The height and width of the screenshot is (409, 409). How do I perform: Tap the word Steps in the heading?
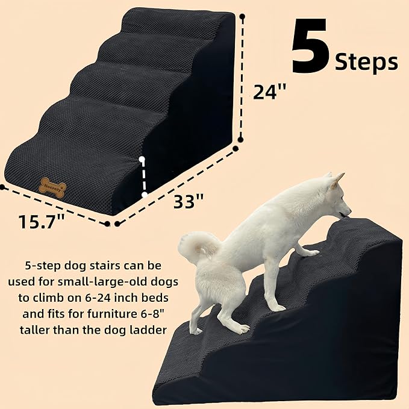coord(367,62)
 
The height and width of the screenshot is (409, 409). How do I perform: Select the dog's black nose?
coord(349,212)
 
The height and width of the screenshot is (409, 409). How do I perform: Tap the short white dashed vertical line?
coord(143,177)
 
